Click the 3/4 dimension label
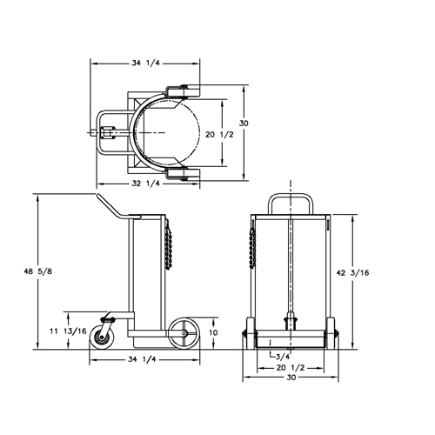282,357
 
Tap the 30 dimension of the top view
244,124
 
